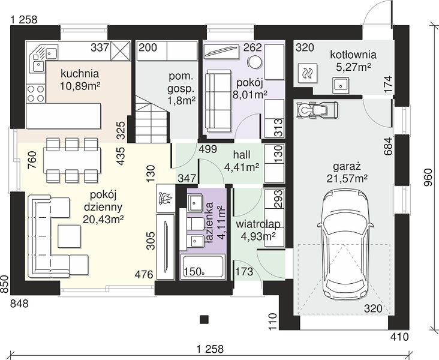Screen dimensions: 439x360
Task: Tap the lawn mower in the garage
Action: [x=317, y=109]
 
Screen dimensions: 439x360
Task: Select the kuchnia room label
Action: [x=80, y=74]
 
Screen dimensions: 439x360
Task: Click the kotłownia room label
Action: [x=353, y=55]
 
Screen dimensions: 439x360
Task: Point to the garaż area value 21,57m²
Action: [x=347, y=178]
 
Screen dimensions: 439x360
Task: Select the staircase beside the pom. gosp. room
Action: [x=152, y=119]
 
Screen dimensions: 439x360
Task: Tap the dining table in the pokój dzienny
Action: [x=72, y=161]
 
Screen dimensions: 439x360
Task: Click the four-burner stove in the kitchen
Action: [x=36, y=94]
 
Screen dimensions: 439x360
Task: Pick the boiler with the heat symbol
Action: [x=308, y=73]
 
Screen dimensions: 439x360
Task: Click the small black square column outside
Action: [x=204, y=319]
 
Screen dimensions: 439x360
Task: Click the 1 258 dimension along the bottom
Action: [x=211, y=349]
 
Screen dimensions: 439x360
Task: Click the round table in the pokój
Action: [x=255, y=61]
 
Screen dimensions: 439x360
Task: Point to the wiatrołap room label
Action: [x=258, y=224]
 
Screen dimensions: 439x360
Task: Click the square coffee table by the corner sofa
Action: [x=69, y=236]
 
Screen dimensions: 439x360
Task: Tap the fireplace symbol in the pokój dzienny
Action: [x=166, y=199]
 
